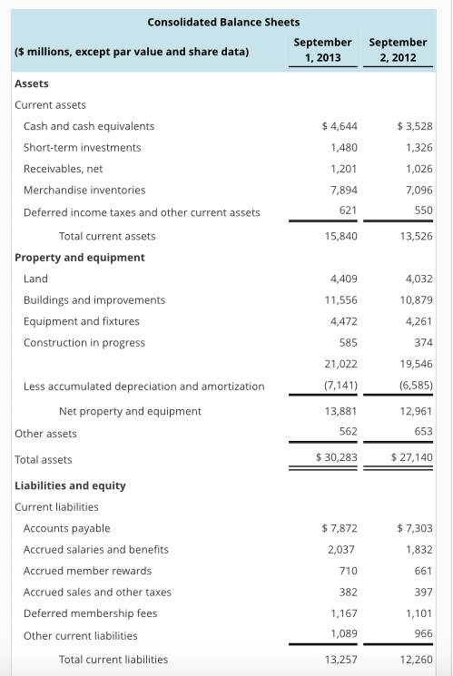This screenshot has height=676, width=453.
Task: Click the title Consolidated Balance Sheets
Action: point(223,21)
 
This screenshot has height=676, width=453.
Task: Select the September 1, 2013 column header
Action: point(323,50)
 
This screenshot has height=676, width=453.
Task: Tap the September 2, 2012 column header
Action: point(398,50)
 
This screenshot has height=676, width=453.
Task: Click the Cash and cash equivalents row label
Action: point(89,126)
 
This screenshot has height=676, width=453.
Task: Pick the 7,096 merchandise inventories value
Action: point(415,190)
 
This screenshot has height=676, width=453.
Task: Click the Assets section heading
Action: point(33,83)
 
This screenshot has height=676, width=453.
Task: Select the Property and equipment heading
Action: point(80,257)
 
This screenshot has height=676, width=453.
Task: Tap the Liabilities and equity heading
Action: point(71,485)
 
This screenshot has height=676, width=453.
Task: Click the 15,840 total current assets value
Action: point(340,236)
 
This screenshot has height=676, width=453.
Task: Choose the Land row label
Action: point(35,279)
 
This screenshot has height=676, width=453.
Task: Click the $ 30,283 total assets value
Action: point(336,459)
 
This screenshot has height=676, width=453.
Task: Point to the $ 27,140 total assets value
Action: point(411,459)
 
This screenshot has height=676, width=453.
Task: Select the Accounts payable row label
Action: point(66,528)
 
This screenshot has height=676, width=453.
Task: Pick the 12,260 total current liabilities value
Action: point(414,659)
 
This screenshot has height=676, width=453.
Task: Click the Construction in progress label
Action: point(84,342)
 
